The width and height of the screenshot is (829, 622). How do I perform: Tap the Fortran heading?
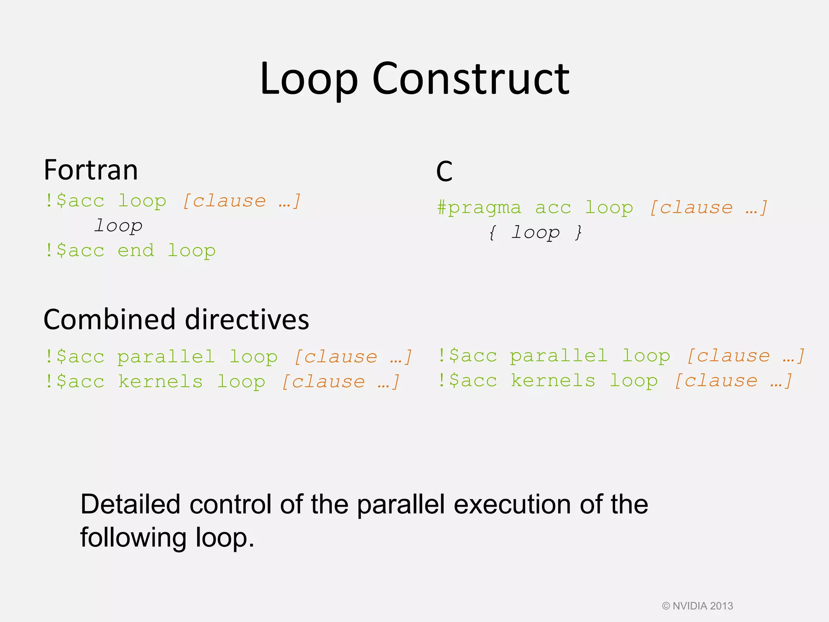(91, 170)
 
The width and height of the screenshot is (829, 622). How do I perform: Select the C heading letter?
(444, 172)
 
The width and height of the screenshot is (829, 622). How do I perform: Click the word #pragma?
(479, 208)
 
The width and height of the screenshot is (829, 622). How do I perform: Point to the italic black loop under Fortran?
(118, 226)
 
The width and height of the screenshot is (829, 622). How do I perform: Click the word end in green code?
(136, 251)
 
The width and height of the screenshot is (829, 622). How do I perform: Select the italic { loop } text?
(535, 233)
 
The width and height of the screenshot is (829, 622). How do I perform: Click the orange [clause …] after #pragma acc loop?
(708, 208)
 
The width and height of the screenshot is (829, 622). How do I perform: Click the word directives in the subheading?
(247, 320)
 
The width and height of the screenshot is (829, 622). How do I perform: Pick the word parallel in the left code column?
(166, 357)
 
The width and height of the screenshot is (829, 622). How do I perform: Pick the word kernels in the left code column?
(160, 382)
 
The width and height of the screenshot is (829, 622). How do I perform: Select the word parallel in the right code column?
(559, 356)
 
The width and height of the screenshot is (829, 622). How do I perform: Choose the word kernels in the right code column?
(553, 381)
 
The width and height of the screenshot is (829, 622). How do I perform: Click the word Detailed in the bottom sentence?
(130, 505)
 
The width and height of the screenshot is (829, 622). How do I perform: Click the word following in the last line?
(132, 538)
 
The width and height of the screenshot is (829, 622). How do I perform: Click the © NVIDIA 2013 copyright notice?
(697, 606)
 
